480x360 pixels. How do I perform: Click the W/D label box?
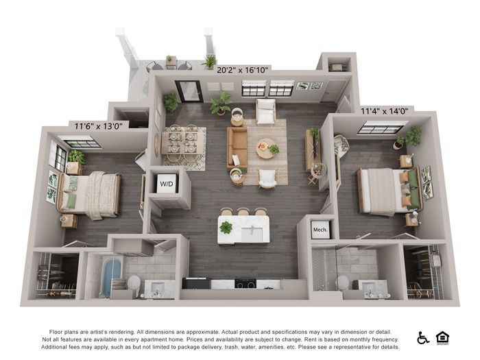pyautogui.click(x=167, y=183)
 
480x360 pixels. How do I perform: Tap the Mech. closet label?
pyautogui.click(x=320, y=230)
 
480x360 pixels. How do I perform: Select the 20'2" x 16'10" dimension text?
pyautogui.click(x=243, y=70)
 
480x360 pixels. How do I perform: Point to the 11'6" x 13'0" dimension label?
pyautogui.click(x=98, y=125)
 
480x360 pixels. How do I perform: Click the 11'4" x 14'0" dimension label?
pyautogui.click(x=384, y=111)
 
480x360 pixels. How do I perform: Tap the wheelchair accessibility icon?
pyautogui.click(x=423, y=338)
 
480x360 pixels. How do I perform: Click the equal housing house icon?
pyautogui.click(x=442, y=338)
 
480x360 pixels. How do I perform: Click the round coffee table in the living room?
pyautogui.click(x=266, y=149)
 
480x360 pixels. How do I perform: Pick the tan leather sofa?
pyautogui.click(x=237, y=148)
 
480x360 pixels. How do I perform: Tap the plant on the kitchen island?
pyautogui.click(x=226, y=228)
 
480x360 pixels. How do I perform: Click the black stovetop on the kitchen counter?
pyautogui.click(x=245, y=283)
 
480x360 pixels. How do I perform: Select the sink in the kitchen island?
pyautogui.click(x=252, y=233)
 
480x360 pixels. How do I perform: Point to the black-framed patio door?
pyautogui.click(x=189, y=91)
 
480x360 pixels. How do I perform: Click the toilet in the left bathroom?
pyautogui.click(x=134, y=284)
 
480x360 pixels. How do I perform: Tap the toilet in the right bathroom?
pyautogui.click(x=343, y=283)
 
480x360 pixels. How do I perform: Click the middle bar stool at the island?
pyautogui.click(x=243, y=211)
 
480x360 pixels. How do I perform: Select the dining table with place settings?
pyautogui.click(x=182, y=143)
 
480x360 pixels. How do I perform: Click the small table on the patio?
pyautogui.click(x=171, y=62)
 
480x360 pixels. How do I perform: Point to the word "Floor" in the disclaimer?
pyautogui.click(x=56, y=332)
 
